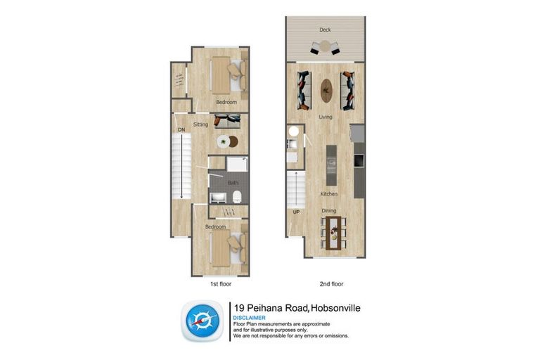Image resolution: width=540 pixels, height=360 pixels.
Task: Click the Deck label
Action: pos(325,30)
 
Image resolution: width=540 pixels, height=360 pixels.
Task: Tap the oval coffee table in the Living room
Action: pos(326,89)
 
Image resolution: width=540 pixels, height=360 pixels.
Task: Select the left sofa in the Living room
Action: pos(304,91)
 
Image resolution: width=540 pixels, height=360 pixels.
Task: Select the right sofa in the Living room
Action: pos(347,91)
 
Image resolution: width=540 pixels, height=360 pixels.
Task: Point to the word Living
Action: pos(326,117)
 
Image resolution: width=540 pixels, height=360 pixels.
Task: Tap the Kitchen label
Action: pos(328,193)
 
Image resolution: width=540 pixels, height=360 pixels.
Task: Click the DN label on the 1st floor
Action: pos(181,130)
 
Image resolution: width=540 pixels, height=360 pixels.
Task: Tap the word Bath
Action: pos(232,183)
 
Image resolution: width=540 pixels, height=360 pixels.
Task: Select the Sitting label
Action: pos(200,124)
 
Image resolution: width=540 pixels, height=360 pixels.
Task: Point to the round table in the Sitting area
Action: pos(224,141)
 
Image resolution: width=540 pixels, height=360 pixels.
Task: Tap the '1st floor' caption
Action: pos(220,285)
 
